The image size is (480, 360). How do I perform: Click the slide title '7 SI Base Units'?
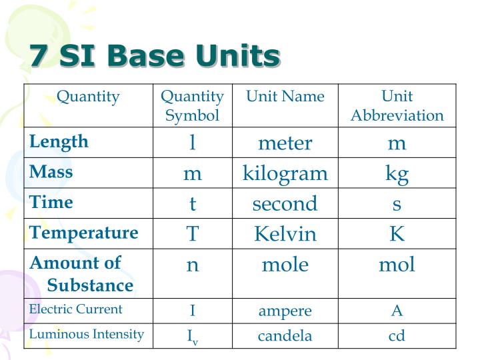click(x=154, y=56)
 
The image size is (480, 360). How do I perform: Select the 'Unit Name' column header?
click(x=285, y=97)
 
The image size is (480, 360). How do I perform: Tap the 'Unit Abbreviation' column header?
click(x=397, y=106)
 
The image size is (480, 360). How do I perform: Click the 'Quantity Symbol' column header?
click(x=192, y=106)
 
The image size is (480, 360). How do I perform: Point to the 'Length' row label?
click(x=59, y=141)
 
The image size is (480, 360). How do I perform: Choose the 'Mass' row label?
click(x=51, y=172)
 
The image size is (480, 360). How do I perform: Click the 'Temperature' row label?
click(x=84, y=233)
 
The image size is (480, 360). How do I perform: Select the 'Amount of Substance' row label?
click(x=81, y=274)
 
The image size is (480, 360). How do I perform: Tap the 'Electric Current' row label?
click(x=76, y=309)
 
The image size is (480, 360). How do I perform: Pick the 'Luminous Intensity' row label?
click(x=87, y=334)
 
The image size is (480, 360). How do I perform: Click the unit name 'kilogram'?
click(x=285, y=174)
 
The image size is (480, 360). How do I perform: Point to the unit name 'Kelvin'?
click(x=285, y=234)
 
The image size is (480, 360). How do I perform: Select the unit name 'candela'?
click(x=285, y=335)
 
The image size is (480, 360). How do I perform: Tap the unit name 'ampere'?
click(x=285, y=311)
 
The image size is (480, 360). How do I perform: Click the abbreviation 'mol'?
click(x=397, y=265)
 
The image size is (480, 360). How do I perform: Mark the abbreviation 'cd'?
click(x=397, y=335)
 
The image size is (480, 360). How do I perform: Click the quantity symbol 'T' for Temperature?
click(x=192, y=234)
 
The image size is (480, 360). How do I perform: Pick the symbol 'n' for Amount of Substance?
click(x=192, y=265)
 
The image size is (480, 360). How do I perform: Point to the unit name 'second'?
click(x=285, y=204)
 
